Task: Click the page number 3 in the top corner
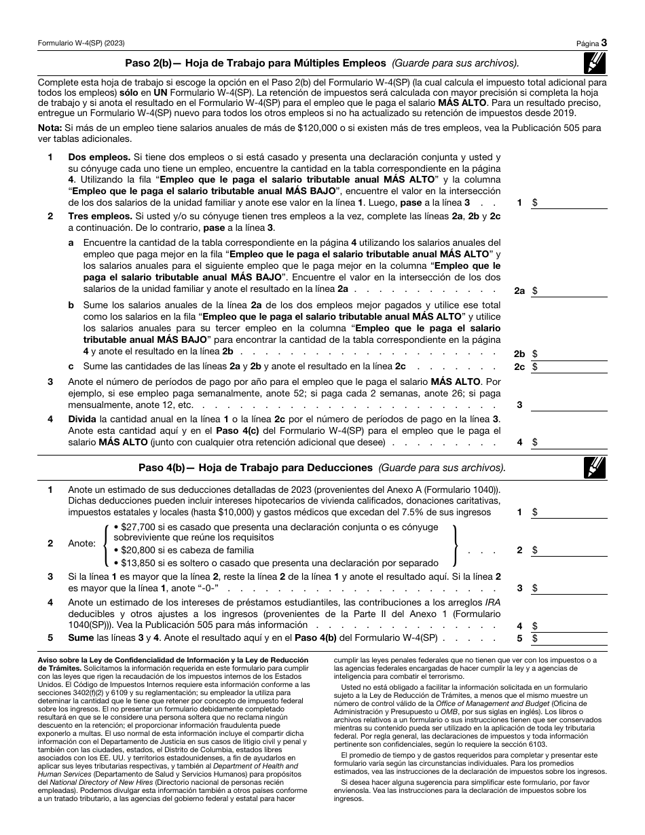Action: pos(604,42)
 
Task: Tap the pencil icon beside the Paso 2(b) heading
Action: pos(595,62)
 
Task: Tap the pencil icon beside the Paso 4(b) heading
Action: pos(595,468)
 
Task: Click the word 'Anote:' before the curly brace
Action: pos(83,544)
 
